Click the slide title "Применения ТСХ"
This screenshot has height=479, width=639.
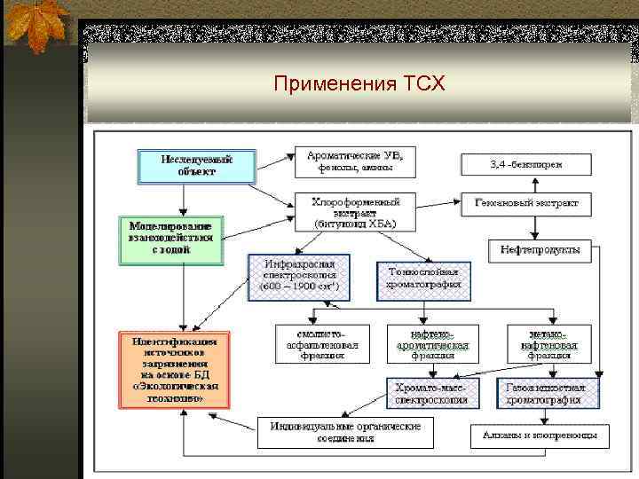(359, 84)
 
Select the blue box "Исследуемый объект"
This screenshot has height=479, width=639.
(196, 165)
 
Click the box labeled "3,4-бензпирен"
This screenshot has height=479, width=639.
(525, 164)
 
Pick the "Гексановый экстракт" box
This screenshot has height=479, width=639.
(525, 203)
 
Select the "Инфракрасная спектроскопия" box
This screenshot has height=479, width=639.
(299, 277)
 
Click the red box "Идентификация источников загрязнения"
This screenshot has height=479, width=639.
(175, 369)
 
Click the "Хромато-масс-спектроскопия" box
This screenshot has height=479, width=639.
(432, 393)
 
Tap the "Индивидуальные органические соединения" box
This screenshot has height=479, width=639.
(340, 433)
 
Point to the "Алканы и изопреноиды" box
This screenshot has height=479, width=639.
(540, 436)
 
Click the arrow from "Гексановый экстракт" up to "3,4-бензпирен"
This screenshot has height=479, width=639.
(533, 185)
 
